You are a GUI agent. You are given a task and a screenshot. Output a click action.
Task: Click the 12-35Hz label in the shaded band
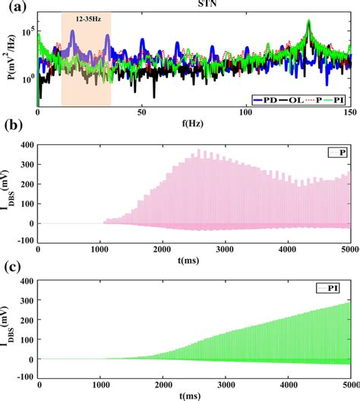click(88, 19)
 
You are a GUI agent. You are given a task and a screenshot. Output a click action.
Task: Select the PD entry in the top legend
click(265, 100)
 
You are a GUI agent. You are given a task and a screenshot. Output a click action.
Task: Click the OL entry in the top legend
click(290, 100)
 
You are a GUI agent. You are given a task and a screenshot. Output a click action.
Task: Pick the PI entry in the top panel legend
click(333, 100)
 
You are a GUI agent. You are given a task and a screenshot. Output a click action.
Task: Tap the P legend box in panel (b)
click(337, 153)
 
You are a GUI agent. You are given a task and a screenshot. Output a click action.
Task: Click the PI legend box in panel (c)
click(328, 289)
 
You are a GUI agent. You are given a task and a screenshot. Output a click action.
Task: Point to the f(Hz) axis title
click(193, 124)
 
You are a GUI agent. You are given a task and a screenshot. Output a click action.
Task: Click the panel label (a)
click(17, 7)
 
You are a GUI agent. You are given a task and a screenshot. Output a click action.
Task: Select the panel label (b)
click(14, 125)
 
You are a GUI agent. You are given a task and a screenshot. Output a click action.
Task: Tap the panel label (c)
click(13, 267)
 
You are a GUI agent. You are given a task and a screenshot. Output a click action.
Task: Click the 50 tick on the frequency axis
click(142, 112)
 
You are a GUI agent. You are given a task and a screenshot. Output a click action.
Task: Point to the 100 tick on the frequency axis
click(246, 112)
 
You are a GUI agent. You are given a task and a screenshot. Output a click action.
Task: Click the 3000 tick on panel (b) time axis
click(225, 249)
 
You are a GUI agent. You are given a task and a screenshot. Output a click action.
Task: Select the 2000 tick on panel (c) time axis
click(163, 385)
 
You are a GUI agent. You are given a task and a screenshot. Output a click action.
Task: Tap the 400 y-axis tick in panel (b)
click(27, 145)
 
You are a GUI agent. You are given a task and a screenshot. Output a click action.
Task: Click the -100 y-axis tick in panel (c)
click(25, 377)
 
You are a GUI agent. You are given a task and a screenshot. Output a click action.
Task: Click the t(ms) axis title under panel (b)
click(188, 260)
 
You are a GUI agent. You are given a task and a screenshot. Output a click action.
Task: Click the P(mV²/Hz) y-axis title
click(11, 57)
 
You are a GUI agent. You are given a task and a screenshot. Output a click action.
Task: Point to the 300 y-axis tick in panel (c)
click(27, 301)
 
